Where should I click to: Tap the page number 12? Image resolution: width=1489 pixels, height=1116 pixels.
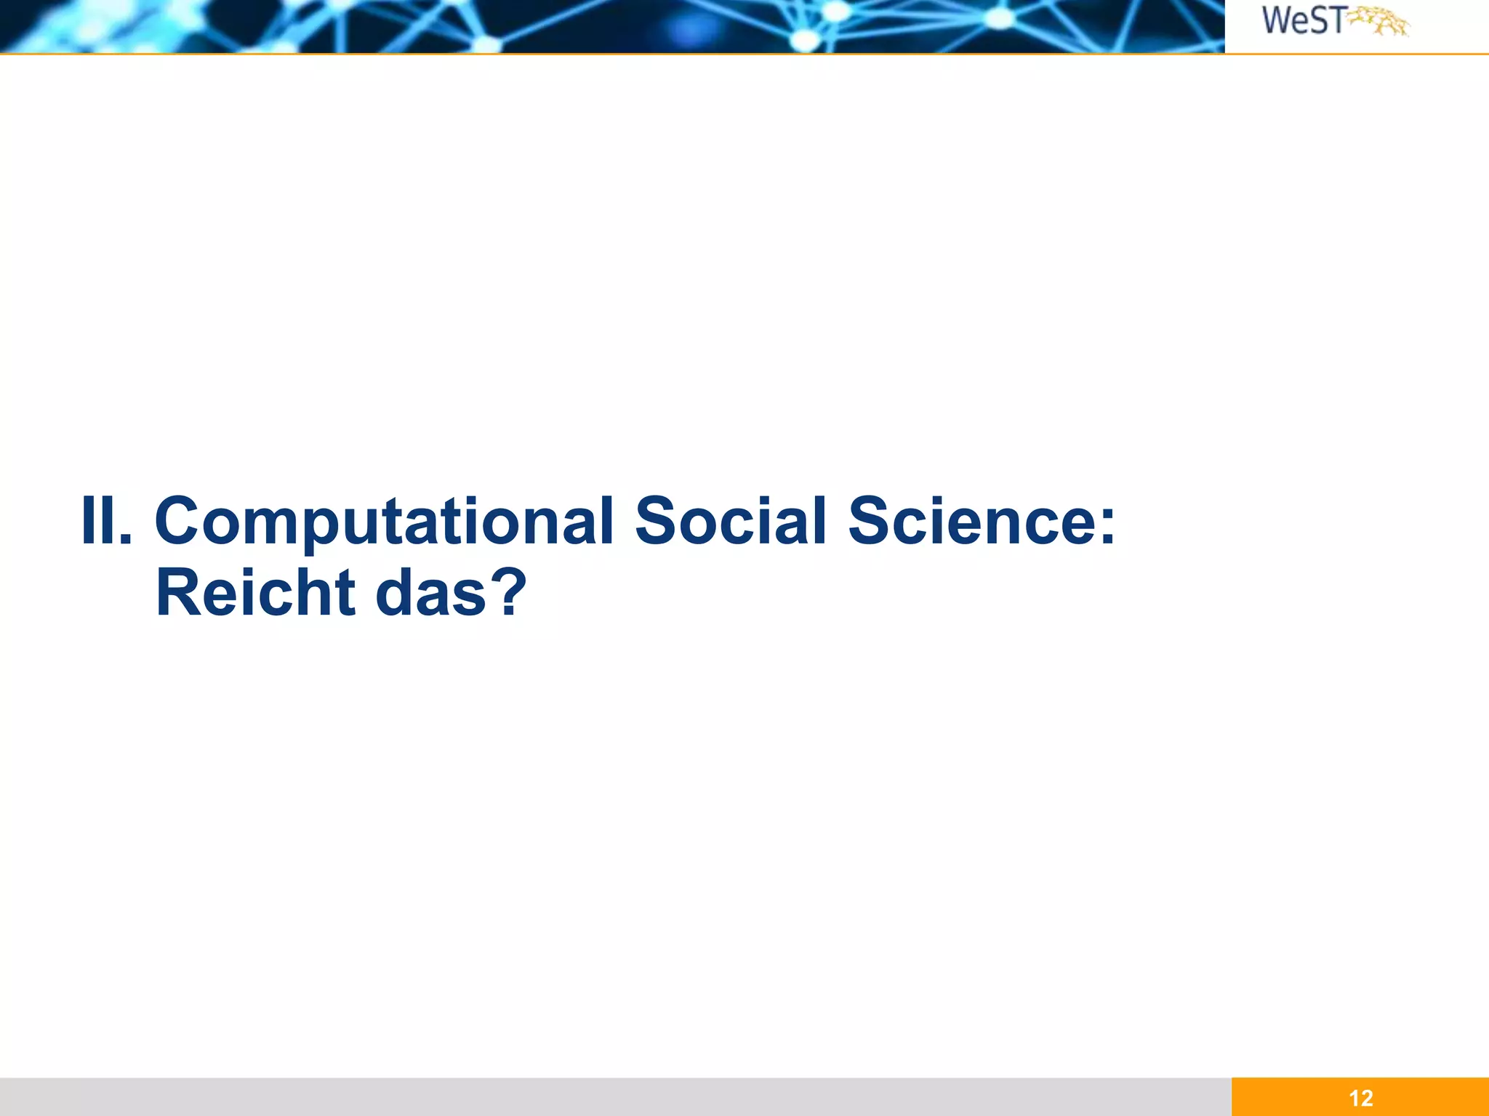(x=1360, y=1098)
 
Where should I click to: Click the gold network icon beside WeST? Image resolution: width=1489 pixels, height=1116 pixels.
(x=1379, y=22)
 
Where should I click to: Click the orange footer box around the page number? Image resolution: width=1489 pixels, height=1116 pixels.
(x=1425, y=1098)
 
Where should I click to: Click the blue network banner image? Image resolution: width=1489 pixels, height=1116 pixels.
(x=611, y=26)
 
